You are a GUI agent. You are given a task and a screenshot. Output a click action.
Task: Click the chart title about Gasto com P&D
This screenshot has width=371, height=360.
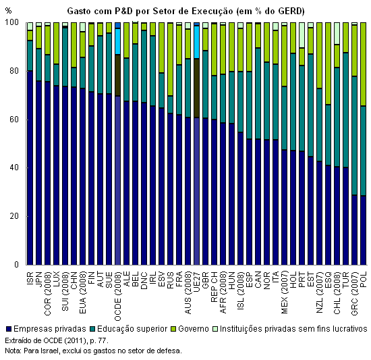click(x=185, y=11)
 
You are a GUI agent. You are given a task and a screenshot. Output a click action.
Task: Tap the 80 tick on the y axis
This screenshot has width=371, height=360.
click(x=14, y=71)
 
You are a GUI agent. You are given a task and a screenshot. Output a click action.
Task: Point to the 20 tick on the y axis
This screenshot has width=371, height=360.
click(x=14, y=216)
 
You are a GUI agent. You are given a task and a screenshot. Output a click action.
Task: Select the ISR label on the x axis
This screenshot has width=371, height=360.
click(x=30, y=278)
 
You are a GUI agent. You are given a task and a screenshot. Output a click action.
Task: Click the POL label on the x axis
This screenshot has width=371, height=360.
click(x=363, y=280)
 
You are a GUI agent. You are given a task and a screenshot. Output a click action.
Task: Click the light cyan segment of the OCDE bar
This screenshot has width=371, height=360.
click(x=117, y=41)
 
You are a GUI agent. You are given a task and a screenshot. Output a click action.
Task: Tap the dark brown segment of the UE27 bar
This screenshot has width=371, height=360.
click(x=196, y=88)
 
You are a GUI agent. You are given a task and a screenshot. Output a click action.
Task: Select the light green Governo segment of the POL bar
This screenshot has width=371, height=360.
click(x=363, y=64)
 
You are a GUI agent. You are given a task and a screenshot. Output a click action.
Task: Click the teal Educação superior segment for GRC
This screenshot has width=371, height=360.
click(x=354, y=136)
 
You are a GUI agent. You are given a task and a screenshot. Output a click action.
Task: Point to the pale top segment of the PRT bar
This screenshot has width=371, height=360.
click(x=302, y=35)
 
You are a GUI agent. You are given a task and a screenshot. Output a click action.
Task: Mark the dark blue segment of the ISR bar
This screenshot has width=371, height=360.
click(x=30, y=168)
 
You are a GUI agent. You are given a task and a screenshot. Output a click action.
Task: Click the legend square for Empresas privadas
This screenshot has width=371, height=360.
click(x=9, y=329)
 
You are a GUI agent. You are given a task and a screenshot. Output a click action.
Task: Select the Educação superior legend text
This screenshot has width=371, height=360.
click(x=132, y=329)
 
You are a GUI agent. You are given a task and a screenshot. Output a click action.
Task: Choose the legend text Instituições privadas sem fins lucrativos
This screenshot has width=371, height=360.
click(x=293, y=329)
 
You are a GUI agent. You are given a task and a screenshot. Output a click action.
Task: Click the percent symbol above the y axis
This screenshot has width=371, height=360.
click(x=8, y=11)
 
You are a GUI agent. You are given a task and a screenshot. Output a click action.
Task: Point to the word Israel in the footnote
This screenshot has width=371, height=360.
click(x=49, y=351)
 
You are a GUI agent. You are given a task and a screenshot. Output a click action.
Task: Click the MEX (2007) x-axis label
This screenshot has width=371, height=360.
click(x=284, y=292)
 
